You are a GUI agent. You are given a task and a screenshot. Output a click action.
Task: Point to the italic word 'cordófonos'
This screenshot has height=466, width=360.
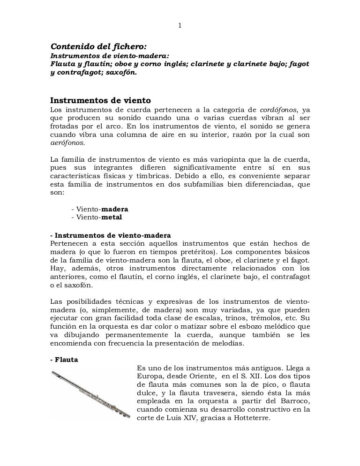277,110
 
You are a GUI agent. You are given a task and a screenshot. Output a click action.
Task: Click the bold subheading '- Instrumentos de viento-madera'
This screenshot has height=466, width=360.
111,234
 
